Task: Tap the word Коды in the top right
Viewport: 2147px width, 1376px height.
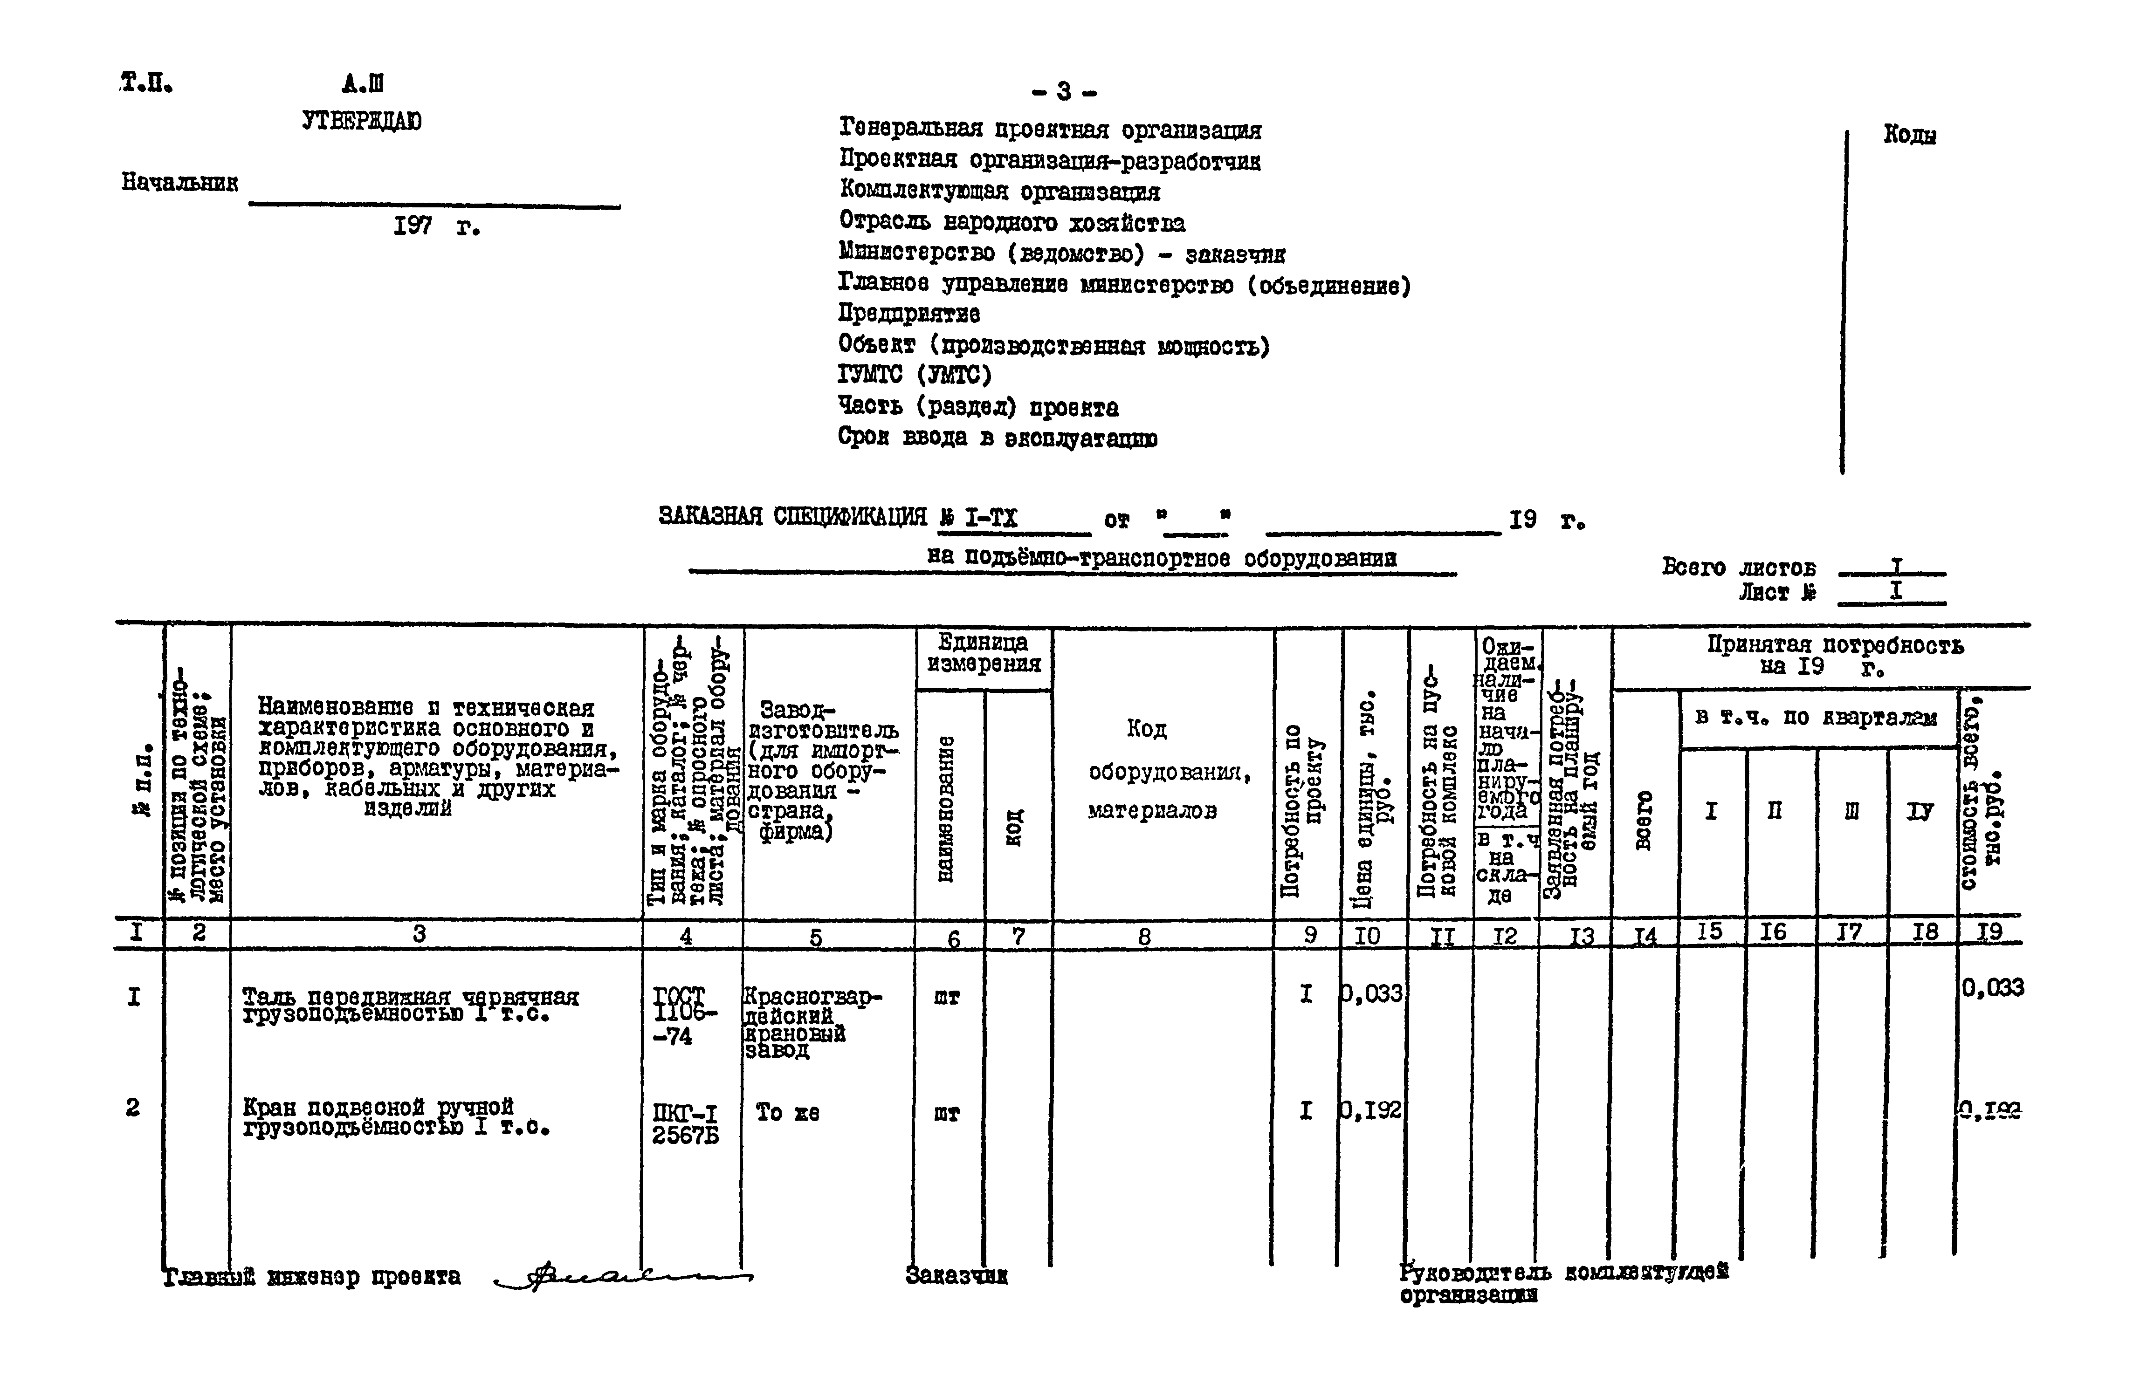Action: click(1909, 135)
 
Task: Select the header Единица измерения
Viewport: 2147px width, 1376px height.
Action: click(983, 653)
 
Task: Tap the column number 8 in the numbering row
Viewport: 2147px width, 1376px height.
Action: click(1144, 937)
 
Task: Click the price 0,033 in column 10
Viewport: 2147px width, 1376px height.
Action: click(1372, 993)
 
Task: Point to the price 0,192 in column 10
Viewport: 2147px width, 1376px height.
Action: click(1372, 1110)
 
